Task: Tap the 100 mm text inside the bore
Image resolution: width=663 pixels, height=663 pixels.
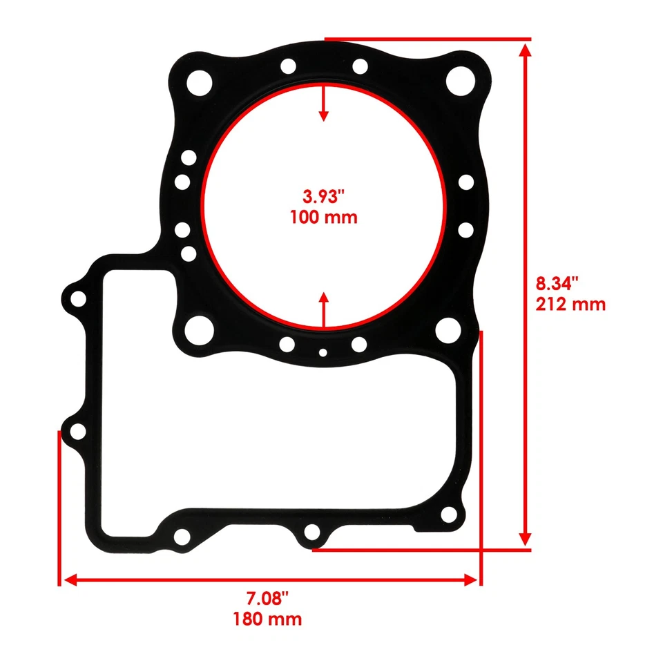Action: point(323,218)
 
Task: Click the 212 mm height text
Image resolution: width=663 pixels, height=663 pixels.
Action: point(570,303)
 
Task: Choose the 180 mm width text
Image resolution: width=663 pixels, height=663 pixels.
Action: point(267,618)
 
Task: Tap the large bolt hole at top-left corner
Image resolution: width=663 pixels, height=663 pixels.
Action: point(200,82)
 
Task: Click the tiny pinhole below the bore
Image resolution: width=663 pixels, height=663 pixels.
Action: point(323,353)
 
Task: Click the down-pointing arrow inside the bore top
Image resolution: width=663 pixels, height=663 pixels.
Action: point(323,114)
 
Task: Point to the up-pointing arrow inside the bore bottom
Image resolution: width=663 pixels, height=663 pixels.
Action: point(323,298)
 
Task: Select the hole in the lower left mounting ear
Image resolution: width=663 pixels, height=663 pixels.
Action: point(79,432)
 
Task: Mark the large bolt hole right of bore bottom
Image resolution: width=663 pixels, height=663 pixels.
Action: point(450,327)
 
